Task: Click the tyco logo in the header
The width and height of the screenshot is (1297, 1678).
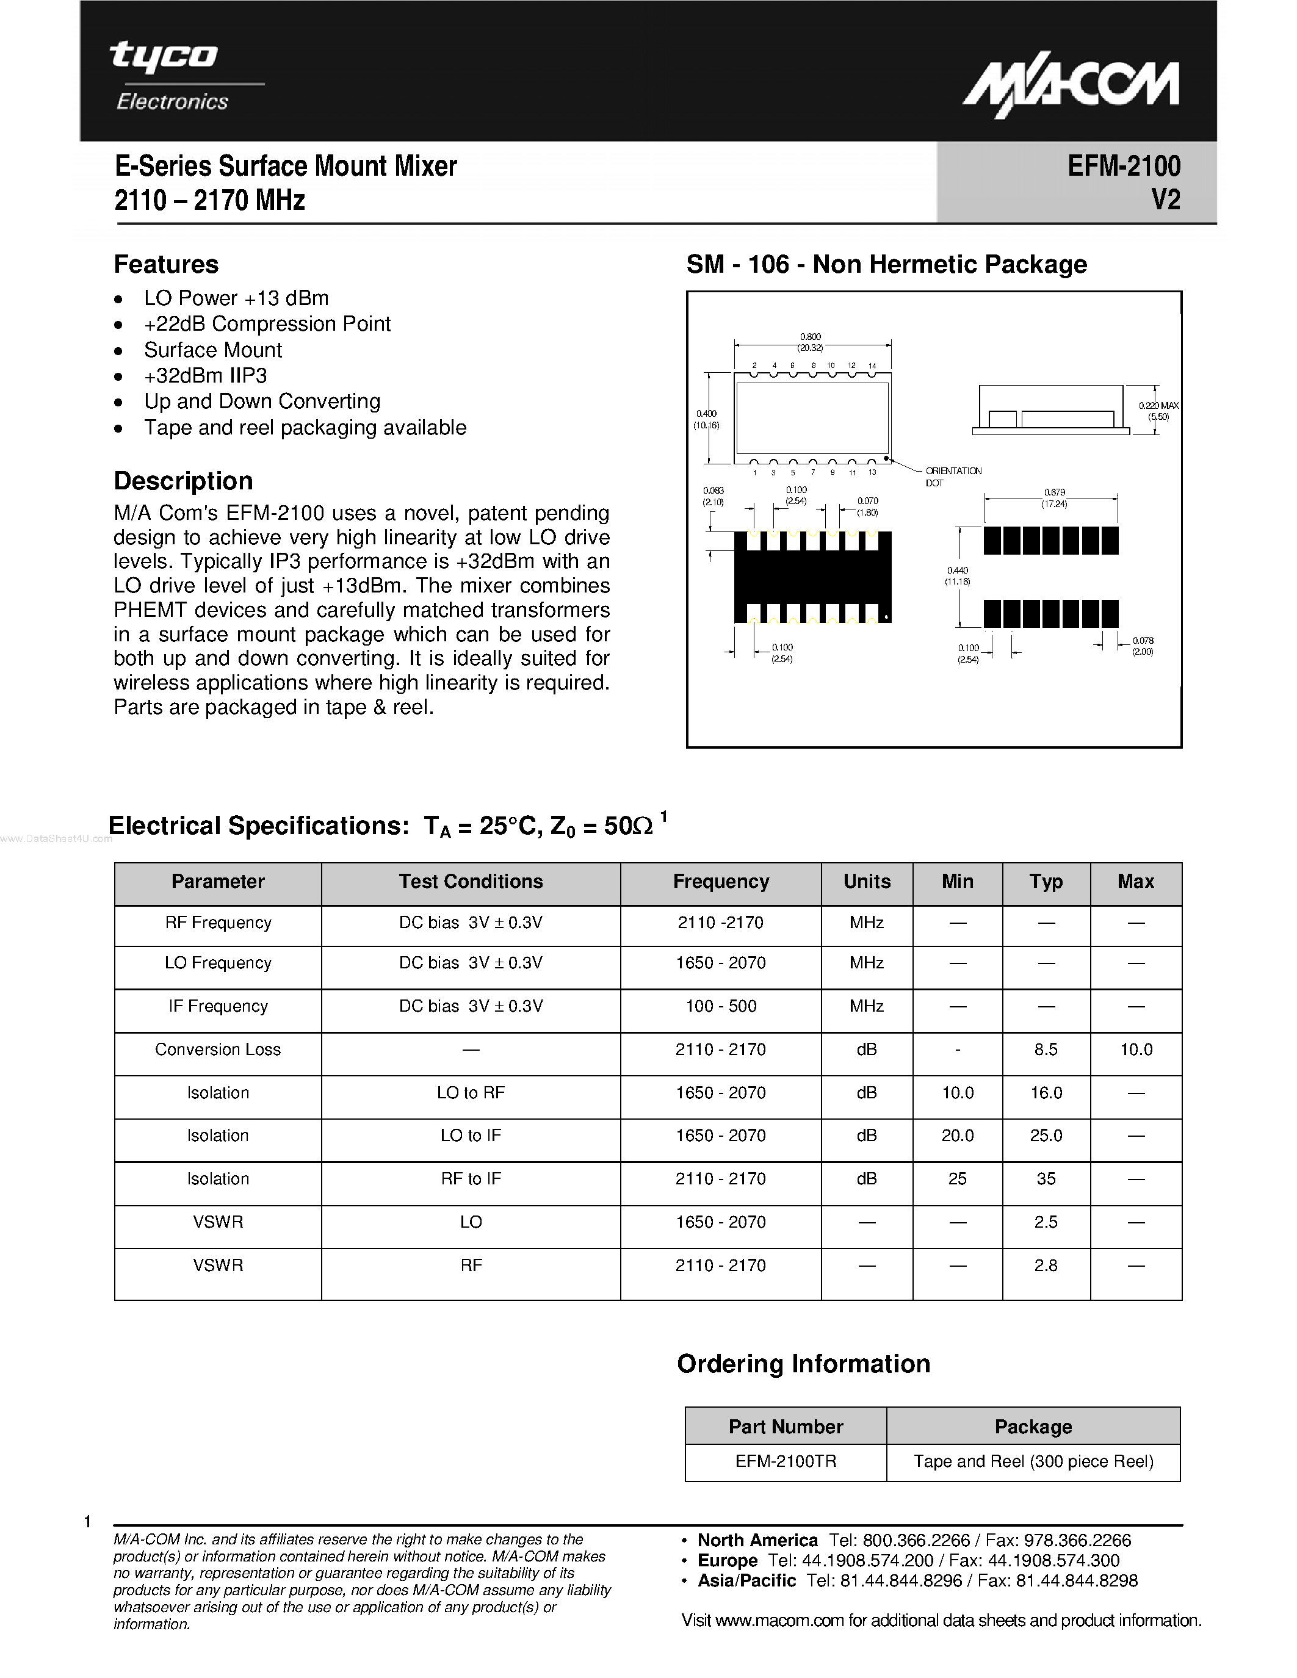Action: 164,57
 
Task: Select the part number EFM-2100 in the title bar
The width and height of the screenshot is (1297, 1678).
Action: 1123,166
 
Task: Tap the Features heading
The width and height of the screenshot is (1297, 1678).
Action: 166,264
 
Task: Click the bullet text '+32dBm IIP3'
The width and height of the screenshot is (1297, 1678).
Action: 205,376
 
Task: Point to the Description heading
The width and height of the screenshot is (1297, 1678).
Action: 183,481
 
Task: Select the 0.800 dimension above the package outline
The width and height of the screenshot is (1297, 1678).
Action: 811,337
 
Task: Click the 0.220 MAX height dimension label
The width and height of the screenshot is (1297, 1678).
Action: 1158,406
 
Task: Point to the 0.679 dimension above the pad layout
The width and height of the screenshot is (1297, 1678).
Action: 1054,492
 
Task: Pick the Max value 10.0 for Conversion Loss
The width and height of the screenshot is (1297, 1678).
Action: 1136,1050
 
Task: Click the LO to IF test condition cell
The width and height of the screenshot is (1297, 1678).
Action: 470,1136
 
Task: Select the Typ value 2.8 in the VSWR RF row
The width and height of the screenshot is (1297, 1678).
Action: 1045,1266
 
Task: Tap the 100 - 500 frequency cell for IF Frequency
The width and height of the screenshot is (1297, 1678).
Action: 721,1006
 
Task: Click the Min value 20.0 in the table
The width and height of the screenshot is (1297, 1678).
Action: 958,1136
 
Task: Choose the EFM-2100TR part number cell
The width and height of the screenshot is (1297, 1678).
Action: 786,1461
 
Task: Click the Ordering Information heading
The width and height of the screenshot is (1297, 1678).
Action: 803,1364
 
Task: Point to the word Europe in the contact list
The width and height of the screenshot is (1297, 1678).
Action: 727,1560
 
